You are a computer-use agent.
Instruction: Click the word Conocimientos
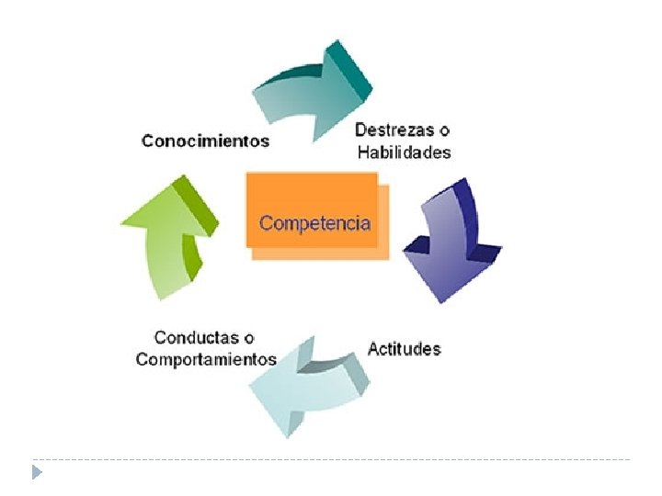point(205,141)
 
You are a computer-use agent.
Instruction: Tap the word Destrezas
point(388,130)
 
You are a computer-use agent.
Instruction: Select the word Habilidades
point(404,152)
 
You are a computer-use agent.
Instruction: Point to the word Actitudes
point(404,349)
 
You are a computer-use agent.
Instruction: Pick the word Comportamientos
point(205,359)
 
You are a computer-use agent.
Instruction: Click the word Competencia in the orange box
point(314,222)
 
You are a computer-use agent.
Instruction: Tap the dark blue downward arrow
point(451,243)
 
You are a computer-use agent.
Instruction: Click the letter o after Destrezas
point(444,130)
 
